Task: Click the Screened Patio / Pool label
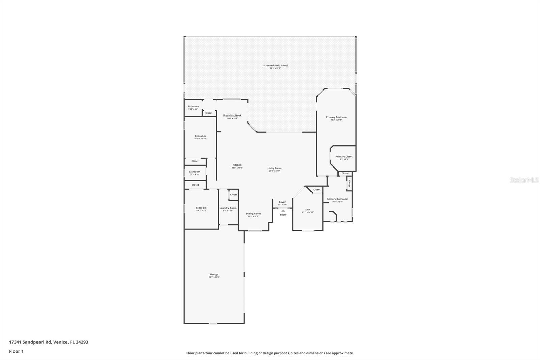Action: pyautogui.click(x=275, y=66)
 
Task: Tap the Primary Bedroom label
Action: pyautogui.click(x=336, y=117)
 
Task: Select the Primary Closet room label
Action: pyautogui.click(x=344, y=157)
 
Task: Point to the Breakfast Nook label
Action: pyautogui.click(x=232, y=115)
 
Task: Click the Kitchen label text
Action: pyautogui.click(x=237, y=165)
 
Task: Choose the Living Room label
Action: pyautogui.click(x=274, y=168)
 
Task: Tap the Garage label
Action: pyautogui.click(x=214, y=275)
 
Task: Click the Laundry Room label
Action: pyautogui.click(x=228, y=208)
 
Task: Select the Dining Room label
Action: pyautogui.click(x=253, y=214)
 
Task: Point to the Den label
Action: pyautogui.click(x=308, y=210)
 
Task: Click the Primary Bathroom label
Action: pyautogui.click(x=337, y=199)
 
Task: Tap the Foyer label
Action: pyautogui.click(x=282, y=202)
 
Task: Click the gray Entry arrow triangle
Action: pyautogui.click(x=283, y=211)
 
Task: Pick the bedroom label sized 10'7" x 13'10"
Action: pyautogui.click(x=200, y=136)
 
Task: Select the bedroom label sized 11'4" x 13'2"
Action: pyautogui.click(x=201, y=208)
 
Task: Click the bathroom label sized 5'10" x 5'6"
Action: pyautogui.click(x=193, y=107)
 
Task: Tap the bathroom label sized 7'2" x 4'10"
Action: pyautogui.click(x=194, y=172)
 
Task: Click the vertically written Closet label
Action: pyautogui.click(x=349, y=183)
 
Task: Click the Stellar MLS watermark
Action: pyautogui.click(x=524, y=180)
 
